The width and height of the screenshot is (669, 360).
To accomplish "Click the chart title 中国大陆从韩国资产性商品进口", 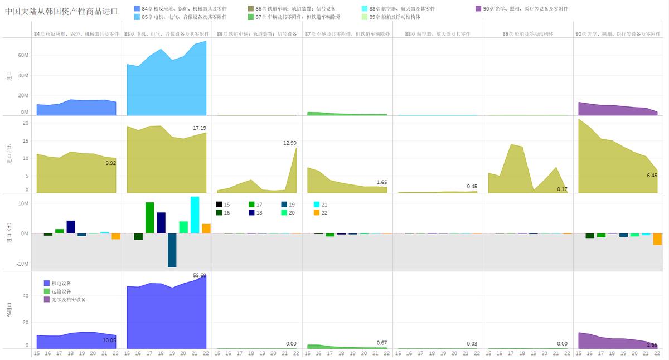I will pyautogui.click(x=61, y=11).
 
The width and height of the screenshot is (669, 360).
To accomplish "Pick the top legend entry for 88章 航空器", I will pyautogui.click(x=401, y=9).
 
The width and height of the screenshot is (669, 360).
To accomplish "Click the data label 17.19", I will pyautogui.click(x=199, y=128).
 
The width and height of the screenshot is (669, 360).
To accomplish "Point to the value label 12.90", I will pyautogui.click(x=289, y=143).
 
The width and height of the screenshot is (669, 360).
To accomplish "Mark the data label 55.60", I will pyautogui.click(x=200, y=275).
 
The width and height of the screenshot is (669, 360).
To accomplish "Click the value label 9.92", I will pyautogui.click(x=109, y=163).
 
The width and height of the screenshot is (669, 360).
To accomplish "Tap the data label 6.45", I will pyautogui.click(x=651, y=176).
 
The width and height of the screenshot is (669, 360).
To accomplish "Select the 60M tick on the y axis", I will pyautogui.click(x=22, y=55).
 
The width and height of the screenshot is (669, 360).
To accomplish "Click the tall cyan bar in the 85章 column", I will pyautogui.click(x=195, y=215).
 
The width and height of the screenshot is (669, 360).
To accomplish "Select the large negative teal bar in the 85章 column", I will pyautogui.click(x=172, y=250).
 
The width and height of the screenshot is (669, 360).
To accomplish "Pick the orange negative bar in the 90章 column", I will pyautogui.click(x=657, y=239).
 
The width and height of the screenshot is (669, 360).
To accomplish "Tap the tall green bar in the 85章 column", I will pyautogui.click(x=150, y=217).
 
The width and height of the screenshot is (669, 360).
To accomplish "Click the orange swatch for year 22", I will pyautogui.click(x=317, y=212).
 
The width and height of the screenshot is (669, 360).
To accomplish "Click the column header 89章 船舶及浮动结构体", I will pyautogui.click(x=527, y=34).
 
